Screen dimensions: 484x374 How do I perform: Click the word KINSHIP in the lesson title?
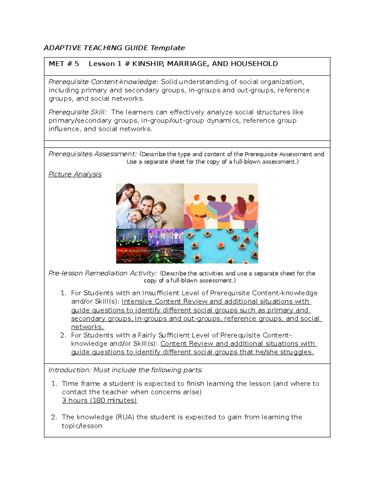click(x=147, y=64)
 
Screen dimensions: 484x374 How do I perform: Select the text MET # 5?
click(x=64, y=64)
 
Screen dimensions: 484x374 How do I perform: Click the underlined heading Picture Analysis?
click(x=75, y=174)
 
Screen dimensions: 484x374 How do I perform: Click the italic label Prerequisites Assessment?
click(x=93, y=154)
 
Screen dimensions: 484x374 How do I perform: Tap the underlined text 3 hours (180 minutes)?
click(x=99, y=400)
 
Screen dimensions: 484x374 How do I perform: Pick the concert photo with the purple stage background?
click(x=165, y=238)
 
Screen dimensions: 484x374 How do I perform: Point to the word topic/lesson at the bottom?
click(x=82, y=426)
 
